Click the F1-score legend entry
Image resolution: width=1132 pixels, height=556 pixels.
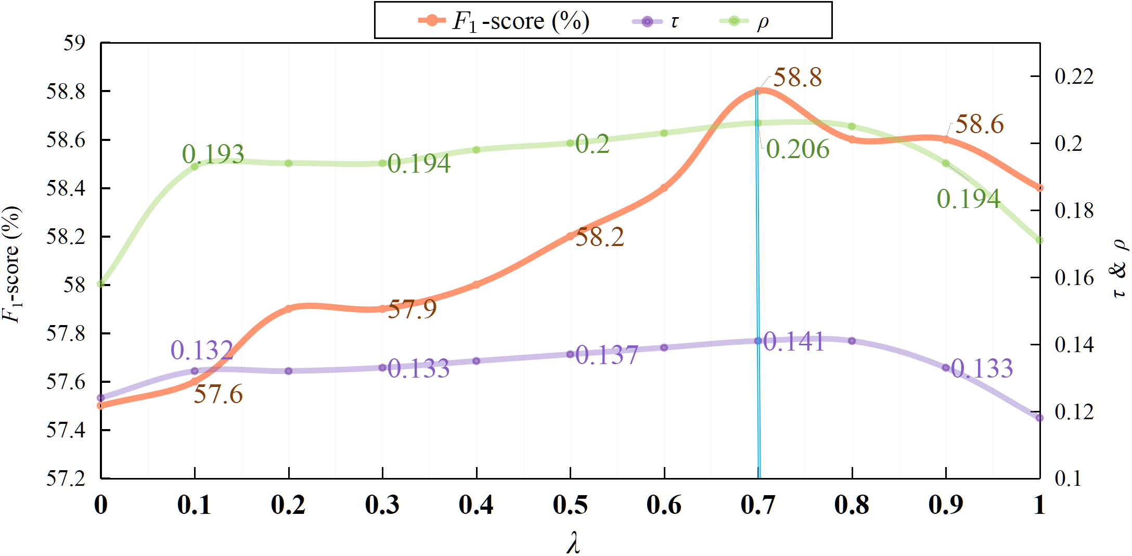point(504,21)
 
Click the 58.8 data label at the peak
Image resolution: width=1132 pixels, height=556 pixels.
point(797,78)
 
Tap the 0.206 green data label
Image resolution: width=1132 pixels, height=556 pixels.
point(797,149)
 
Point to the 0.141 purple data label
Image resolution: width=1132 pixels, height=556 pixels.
point(793,342)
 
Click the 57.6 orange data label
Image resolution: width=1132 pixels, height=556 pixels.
point(218,394)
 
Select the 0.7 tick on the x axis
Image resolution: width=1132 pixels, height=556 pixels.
point(757,505)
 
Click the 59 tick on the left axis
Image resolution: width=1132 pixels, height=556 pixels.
point(74,43)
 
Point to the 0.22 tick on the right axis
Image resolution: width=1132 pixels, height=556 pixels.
point(1074,76)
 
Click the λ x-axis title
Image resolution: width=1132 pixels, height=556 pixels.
point(572,543)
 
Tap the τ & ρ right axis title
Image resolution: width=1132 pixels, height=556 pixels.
point(1118,268)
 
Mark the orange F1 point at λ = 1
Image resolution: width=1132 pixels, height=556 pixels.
point(1039,188)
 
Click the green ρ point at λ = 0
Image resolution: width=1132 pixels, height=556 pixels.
point(101,284)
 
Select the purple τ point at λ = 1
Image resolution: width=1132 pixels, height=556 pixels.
point(1039,418)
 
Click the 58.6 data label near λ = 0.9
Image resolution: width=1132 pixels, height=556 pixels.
point(979,125)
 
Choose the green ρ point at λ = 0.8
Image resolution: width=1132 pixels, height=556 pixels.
point(852,126)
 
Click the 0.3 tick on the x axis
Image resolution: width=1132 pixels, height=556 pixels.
point(382,505)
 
